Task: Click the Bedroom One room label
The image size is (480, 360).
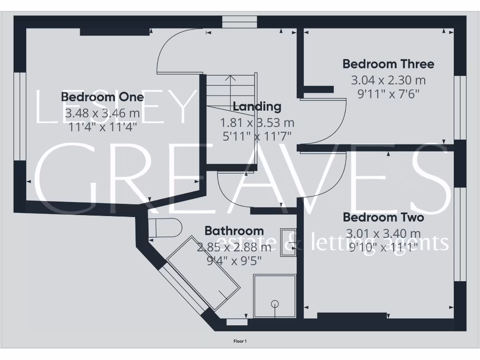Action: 102,97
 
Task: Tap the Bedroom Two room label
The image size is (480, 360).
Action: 383,217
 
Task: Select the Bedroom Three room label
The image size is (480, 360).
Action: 388,64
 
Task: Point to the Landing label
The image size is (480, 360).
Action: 257,106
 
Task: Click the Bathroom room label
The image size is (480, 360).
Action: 234,231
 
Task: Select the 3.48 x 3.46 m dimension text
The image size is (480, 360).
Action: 102,113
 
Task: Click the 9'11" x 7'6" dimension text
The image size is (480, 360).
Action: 388,93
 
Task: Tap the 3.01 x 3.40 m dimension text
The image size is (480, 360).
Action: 383,233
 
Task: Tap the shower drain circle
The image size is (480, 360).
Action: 275,303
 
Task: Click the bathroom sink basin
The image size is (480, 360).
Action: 288,242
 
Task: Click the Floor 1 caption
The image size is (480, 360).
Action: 240,341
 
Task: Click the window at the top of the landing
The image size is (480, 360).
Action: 240,22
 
